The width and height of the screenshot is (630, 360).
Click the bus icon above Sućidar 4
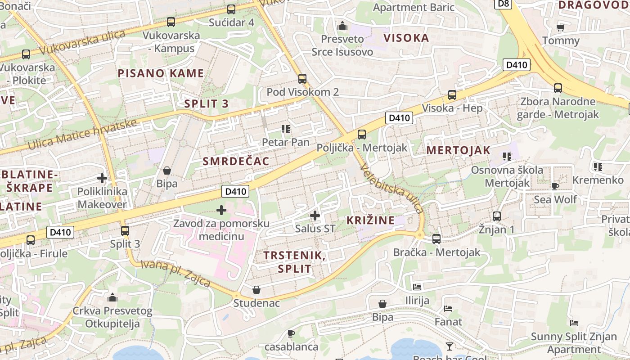pyautogui.click(x=231, y=9)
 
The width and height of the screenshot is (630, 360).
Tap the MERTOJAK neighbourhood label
pyautogui.click(x=458, y=150)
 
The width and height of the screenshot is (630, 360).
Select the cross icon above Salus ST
pyautogui.click(x=315, y=216)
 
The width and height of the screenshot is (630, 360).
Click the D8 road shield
pyautogui.click(x=504, y=4)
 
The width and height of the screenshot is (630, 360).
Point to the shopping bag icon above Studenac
pyautogui.click(x=256, y=290)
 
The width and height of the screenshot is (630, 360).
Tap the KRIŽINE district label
pyautogui.click(x=370, y=220)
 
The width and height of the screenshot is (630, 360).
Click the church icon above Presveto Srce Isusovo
pyautogui.click(x=342, y=26)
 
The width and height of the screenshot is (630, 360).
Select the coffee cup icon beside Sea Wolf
pyautogui.click(x=555, y=186)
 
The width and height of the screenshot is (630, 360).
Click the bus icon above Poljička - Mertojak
pyautogui.click(x=362, y=134)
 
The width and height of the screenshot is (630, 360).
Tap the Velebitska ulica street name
pyautogui.click(x=391, y=188)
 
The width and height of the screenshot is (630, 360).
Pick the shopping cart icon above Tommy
pyautogui.click(x=560, y=28)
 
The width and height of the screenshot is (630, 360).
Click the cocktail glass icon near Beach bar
pyautogui.click(x=449, y=346)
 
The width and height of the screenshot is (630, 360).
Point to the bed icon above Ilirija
pyautogui.click(x=417, y=287)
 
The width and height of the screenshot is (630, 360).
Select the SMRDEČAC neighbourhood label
pyautogui.click(x=236, y=161)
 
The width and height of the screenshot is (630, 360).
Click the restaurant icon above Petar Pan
pyautogui.click(x=285, y=129)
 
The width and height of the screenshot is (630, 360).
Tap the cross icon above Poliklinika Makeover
pyautogui.click(x=102, y=178)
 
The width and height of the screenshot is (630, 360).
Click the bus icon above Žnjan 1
pyautogui.click(x=497, y=216)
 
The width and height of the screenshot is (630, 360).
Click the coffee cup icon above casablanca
pyautogui.click(x=291, y=333)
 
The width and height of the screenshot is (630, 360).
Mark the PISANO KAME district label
pyautogui.click(x=161, y=73)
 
